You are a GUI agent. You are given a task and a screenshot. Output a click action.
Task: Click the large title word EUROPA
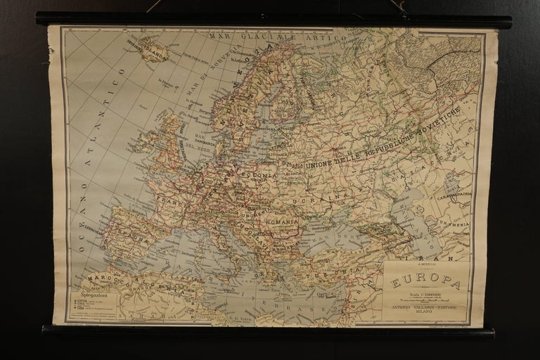pyautogui.click(x=426, y=283)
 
